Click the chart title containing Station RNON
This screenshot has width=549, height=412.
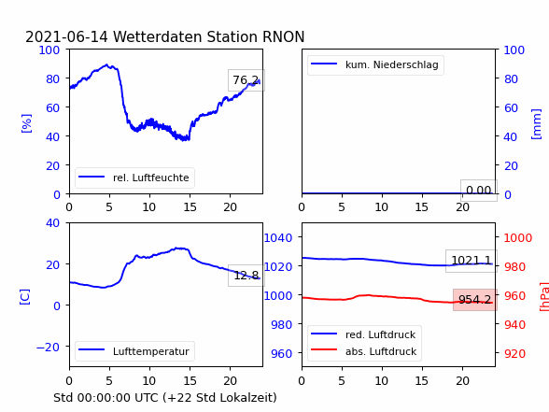[x=165, y=36]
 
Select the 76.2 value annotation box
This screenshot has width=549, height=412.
[x=246, y=80]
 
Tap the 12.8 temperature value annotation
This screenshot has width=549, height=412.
[x=246, y=276]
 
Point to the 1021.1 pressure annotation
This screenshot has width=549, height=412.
[x=472, y=261]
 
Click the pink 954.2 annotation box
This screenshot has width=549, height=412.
[x=475, y=300]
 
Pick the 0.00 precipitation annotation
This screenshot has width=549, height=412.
[x=479, y=191]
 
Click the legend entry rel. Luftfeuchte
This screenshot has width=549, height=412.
[x=134, y=178]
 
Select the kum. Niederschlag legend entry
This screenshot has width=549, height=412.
[x=375, y=64]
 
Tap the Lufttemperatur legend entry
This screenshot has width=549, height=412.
[x=134, y=351]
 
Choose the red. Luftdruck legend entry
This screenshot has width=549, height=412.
[x=364, y=334]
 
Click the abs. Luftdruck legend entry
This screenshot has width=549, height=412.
[x=364, y=351]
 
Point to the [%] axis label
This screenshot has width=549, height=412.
[x=26, y=123]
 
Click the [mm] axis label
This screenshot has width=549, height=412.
[x=536, y=124]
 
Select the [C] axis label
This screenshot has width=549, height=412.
[x=25, y=297]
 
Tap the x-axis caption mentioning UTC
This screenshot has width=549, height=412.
[x=165, y=398]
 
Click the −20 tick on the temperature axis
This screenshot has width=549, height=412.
[x=48, y=348]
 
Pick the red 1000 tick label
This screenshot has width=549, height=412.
[x=518, y=238]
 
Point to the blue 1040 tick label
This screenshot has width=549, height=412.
[x=278, y=238]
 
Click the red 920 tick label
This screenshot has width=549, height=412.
[x=514, y=353]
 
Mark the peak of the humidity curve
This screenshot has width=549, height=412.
[x=106, y=64]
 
